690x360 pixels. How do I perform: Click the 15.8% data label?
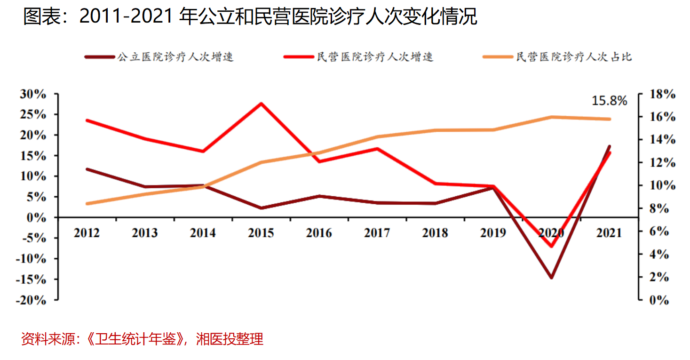pos(609,101)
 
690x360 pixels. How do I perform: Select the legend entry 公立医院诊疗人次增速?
pos(175,57)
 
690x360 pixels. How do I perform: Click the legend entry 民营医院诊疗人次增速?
pos(374,57)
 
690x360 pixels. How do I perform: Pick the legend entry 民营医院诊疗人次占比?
pos(574,57)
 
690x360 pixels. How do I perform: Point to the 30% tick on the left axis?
pos(33,94)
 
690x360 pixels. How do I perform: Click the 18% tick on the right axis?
pos(661,94)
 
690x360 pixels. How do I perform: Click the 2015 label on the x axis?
pos(261,233)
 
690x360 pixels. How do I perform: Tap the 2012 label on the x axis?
pos(87,233)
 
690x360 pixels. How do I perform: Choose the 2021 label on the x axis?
pos(609,233)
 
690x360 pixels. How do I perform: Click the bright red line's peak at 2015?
pos(261,104)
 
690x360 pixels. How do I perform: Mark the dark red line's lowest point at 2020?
pos(551,278)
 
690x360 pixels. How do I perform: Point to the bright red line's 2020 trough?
pos(551,246)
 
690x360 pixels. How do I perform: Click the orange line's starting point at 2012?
pos(87,204)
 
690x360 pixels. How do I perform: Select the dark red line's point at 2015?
pos(261,208)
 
